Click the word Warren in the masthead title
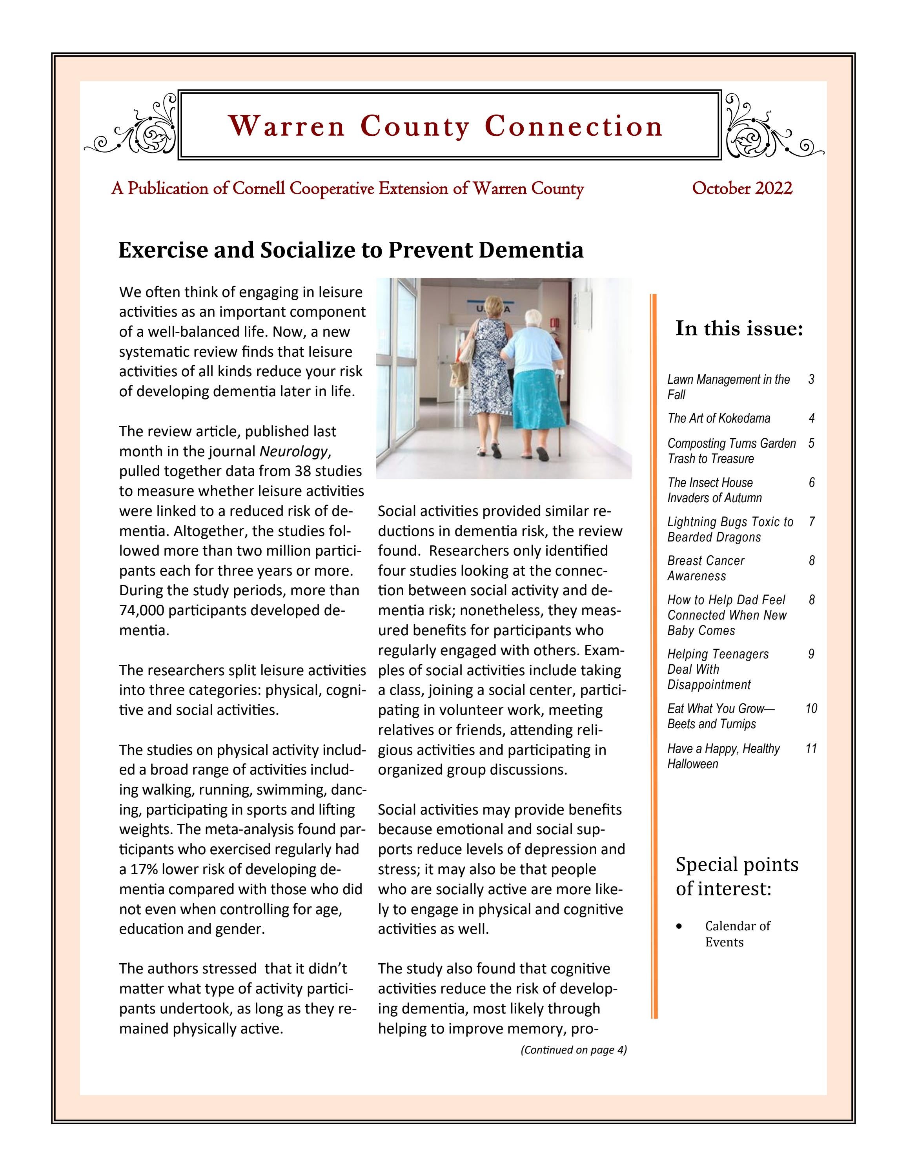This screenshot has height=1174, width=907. click(x=286, y=126)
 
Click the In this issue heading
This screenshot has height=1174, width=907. click(x=739, y=328)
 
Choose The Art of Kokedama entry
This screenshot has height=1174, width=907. click(x=718, y=418)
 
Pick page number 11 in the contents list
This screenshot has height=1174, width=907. click(x=811, y=749)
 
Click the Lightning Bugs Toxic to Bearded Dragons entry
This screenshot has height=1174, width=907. click(x=730, y=529)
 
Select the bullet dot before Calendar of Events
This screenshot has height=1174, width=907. click(x=680, y=926)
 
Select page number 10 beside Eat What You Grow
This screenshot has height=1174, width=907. click(x=811, y=709)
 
